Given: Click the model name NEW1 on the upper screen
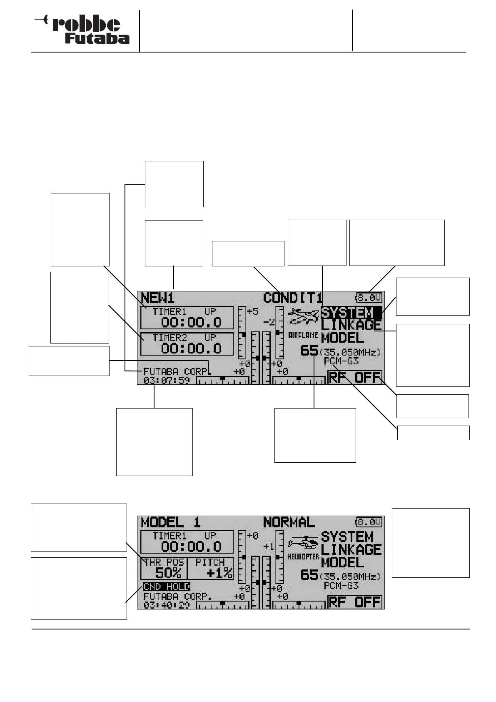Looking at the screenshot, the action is click(x=158, y=298).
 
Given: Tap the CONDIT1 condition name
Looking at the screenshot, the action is click(x=293, y=298).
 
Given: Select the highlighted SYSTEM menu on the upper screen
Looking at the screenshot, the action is click(x=351, y=312).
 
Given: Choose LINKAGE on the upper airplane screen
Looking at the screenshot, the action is click(x=351, y=325).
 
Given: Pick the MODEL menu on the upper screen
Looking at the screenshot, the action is click(x=342, y=338).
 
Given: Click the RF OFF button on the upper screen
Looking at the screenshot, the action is click(x=355, y=378).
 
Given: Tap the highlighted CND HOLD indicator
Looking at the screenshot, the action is click(x=167, y=587).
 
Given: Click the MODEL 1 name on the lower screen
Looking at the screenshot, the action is click(x=171, y=522).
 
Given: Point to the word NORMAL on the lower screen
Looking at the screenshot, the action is click(x=289, y=522).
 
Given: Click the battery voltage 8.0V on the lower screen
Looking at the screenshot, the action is click(x=369, y=522).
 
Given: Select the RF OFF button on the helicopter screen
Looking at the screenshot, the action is click(x=355, y=602).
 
